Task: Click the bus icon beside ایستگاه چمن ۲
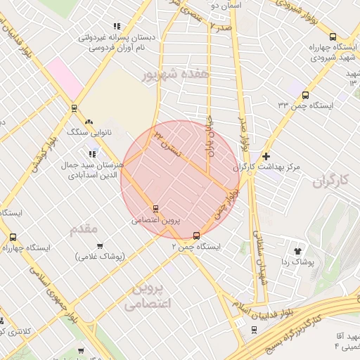(x=196, y=236)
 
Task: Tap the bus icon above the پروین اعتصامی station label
(x=155, y=208)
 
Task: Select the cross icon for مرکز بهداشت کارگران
(x=266, y=156)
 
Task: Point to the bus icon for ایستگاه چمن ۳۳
(x=304, y=94)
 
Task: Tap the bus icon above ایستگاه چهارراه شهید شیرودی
(x=333, y=37)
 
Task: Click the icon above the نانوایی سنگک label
(x=89, y=122)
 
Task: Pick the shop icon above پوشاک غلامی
(x=99, y=246)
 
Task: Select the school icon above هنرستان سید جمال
(x=91, y=153)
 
